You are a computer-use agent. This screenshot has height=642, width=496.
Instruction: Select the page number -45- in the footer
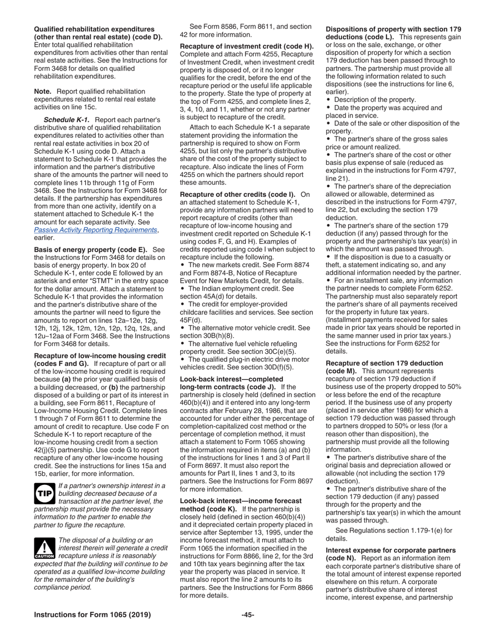(247, 614)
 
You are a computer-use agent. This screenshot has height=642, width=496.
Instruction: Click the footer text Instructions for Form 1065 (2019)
(92, 614)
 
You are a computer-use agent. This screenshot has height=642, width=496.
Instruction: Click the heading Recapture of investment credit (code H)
(246, 46)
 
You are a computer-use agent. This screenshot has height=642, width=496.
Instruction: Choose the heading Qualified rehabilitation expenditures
(94, 29)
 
